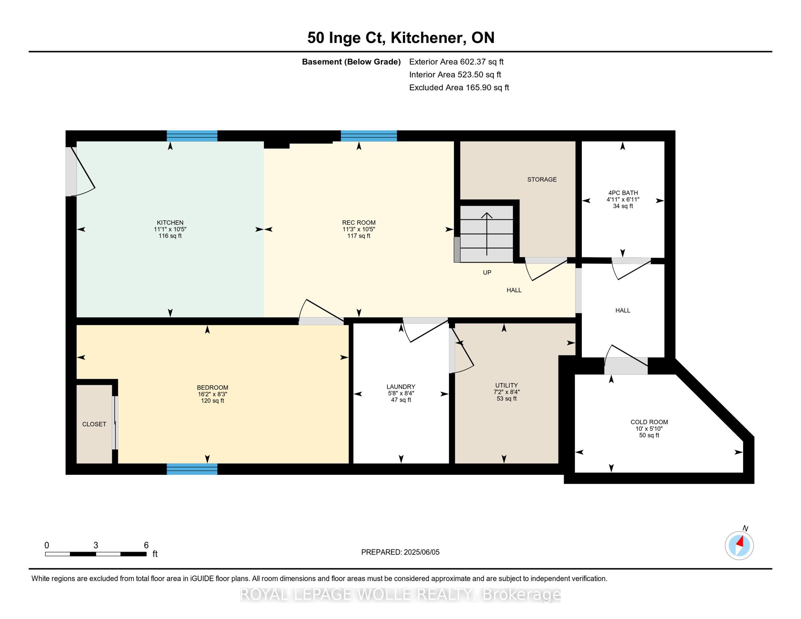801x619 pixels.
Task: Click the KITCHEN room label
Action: tap(170, 223)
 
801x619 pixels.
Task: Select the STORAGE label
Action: tap(542, 179)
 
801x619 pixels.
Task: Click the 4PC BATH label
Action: tap(623, 193)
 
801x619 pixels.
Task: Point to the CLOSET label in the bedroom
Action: tap(94, 424)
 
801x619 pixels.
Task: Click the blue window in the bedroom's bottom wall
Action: tap(192, 469)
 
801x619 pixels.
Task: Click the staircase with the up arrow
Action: tap(487, 234)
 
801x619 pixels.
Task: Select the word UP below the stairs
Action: tap(487, 272)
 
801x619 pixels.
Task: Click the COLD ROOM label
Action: tap(649, 422)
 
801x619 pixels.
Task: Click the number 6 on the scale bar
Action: tap(146, 545)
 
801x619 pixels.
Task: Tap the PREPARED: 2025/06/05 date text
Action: tap(400, 552)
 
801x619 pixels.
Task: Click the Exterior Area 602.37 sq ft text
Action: tap(456, 62)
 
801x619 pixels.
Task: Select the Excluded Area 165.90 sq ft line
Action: tap(459, 88)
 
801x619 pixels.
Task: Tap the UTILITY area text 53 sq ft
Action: tap(507, 399)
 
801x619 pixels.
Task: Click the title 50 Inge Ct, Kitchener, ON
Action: tap(400, 38)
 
